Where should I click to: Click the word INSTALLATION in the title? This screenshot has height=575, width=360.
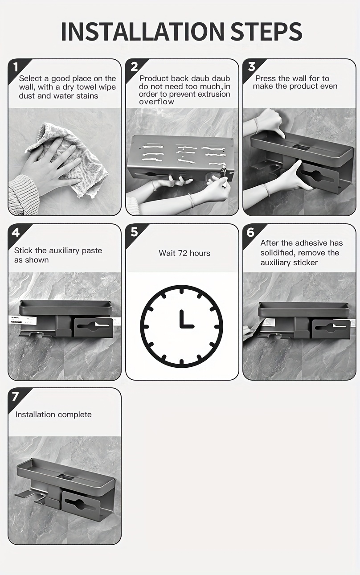[143, 31]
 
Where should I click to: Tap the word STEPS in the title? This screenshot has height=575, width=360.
[266, 31]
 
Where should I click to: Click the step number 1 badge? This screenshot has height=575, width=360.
[16, 67]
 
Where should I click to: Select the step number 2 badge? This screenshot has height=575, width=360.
[134, 67]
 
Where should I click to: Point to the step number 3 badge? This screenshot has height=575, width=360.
[251, 67]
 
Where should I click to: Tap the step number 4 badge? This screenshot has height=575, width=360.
[16, 232]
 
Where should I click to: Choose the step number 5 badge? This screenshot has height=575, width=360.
[134, 232]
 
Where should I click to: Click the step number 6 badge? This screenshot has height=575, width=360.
[250, 232]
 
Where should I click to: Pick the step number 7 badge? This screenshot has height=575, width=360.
[16, 396]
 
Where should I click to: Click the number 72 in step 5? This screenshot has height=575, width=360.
[183, 253]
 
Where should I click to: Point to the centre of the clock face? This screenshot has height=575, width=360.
[182, 326]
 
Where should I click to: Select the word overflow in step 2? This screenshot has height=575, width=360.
[156, 102]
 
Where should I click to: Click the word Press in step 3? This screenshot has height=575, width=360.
[265, 78]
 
